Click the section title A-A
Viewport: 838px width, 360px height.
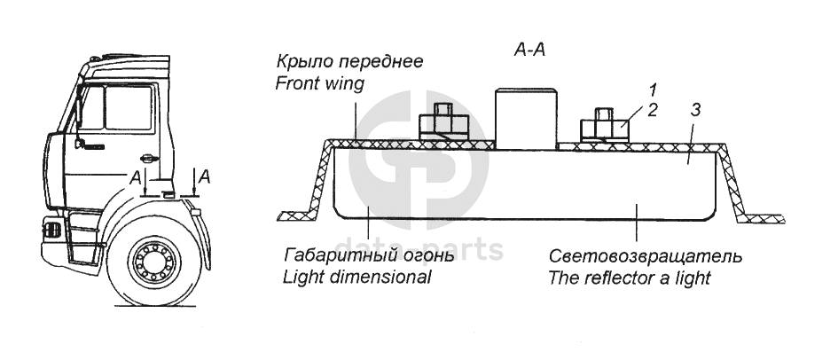tap(529, 51)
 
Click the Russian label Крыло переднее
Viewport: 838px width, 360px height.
tap(349, 63)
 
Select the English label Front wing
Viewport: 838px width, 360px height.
tap(320, 84)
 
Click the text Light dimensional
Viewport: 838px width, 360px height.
tap(356, 278)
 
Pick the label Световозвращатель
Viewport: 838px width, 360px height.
tap(645, 257)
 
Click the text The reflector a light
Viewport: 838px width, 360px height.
tap(630, 278)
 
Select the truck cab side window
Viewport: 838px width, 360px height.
tap(129, 108)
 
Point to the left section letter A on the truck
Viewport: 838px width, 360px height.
tap(135, 177)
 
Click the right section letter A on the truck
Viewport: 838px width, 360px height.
tap(204, 177)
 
